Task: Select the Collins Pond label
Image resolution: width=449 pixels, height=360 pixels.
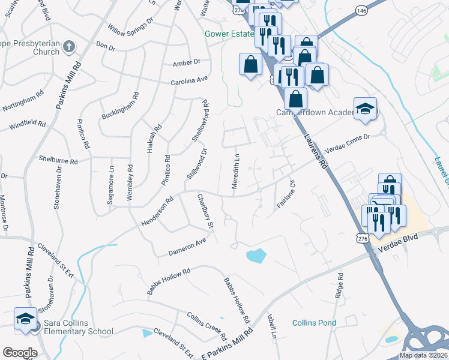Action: (314, 323)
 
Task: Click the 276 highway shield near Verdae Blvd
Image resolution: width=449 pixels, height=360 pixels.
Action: (361, 238)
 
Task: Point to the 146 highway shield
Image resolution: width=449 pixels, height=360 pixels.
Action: (361, 10)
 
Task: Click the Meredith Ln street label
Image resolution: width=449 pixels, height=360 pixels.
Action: (237, 170)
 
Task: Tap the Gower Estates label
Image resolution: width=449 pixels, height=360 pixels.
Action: (230, 35)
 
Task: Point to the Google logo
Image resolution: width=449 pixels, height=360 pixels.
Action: (20, 353)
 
